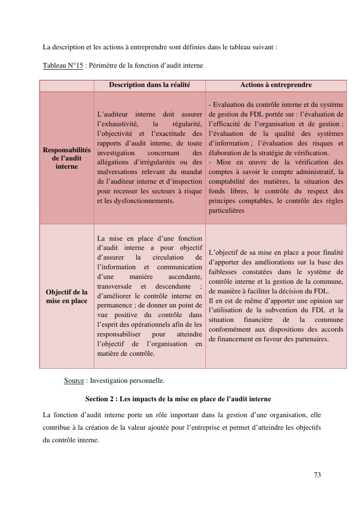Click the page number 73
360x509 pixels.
click(317, 475)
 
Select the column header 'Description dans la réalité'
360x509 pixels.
click(149, 85)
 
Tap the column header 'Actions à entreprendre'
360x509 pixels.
click(276, 85)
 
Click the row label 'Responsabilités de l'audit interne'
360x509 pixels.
click(67, 158)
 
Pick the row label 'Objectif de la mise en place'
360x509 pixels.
click(67, 296)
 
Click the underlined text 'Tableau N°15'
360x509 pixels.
click(63, 65)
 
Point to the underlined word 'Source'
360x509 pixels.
click(74, 380)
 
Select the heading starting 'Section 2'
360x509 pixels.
click(178, 399)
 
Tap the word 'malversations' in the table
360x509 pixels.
click(118, 172)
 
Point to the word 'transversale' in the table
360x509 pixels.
click(115, 286)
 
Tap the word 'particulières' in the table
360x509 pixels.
click(227, 211)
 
